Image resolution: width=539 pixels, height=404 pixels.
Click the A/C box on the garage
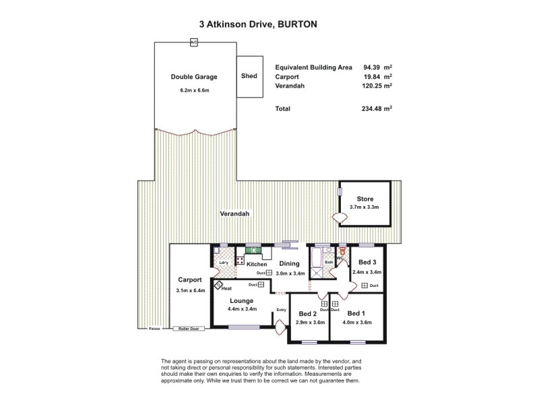(x=194, y=42)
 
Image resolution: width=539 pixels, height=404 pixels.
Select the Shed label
(x=249, y=76)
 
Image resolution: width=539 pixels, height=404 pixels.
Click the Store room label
(x=364, y=199)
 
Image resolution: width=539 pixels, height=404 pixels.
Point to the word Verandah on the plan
(x=234, y=214)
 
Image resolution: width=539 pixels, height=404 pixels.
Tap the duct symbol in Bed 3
(x=364, y=285)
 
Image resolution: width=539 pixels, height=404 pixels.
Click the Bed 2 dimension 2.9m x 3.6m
(x=308, y=323)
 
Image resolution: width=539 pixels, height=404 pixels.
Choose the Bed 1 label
(x=356, y=314)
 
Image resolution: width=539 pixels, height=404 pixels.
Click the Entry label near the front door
(x=281, y=310)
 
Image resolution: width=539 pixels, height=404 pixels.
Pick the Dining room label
(x=290, y=264)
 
